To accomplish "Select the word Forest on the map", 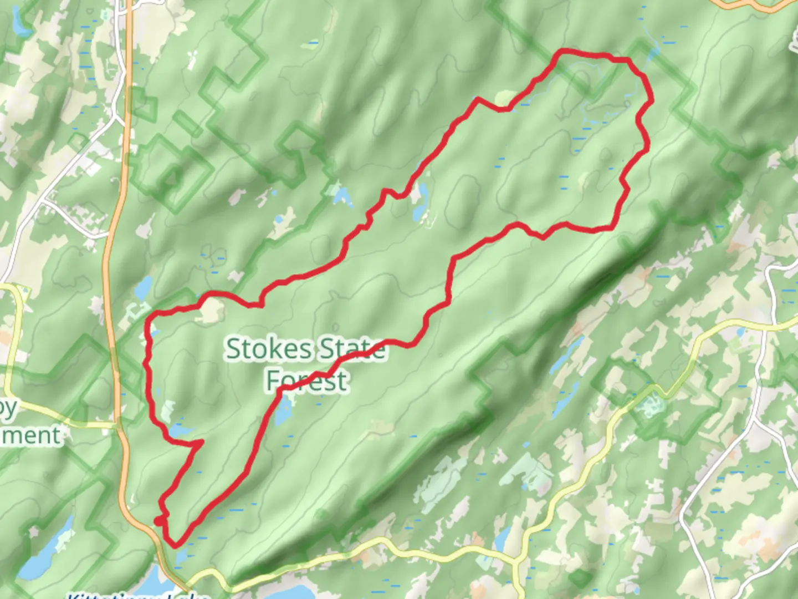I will tap(307, 381).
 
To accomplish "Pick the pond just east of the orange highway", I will tap(144, 287).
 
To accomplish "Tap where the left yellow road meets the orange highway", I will tap(118, 427).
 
